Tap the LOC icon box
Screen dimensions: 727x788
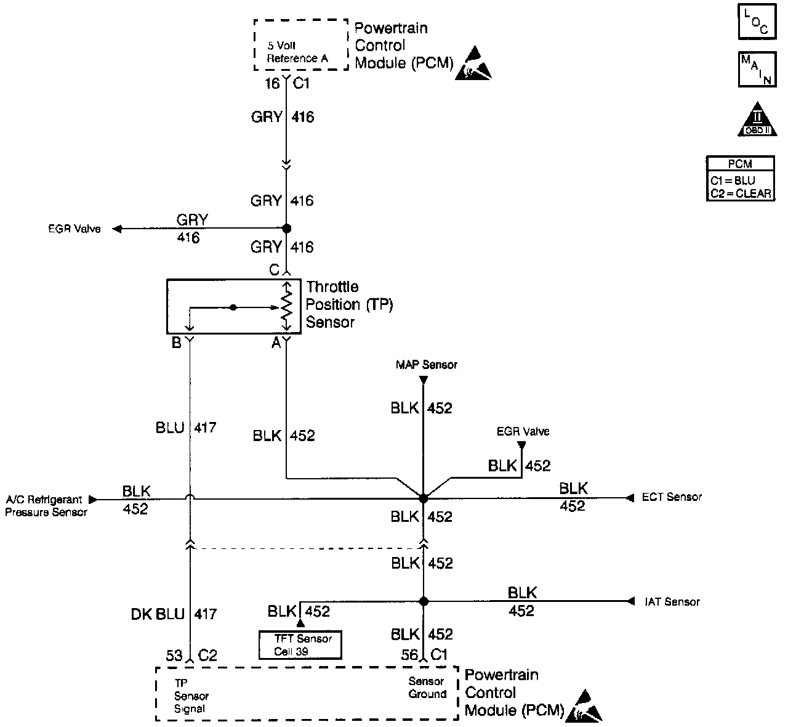[x=757, y=22]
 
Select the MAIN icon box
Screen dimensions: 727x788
[x=757, y=70]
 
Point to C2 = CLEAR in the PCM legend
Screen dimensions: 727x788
[x=741, y=193]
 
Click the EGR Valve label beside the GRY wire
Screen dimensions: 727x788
[x=74, y=229]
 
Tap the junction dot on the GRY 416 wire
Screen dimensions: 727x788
[x=286, y=228]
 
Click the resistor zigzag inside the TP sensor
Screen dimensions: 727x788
[x=286, y=307]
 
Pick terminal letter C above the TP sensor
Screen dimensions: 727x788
[x=274, y=270]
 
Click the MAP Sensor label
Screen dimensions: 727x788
[x=427, y=365]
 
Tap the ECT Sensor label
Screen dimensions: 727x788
[x=672, y=497]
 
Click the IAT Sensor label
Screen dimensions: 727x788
[x=672, y=602]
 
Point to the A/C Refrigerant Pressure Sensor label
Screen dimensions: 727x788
[x=46, y=506]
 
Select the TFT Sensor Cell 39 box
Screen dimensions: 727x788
[x=300, y=645]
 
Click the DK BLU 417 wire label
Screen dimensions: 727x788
[x=174, y=614]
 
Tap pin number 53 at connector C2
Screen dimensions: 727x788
[x=174, y=656]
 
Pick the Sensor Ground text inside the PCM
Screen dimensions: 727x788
[x=427, y=688]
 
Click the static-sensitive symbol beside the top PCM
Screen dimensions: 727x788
[x=473, y=63]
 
